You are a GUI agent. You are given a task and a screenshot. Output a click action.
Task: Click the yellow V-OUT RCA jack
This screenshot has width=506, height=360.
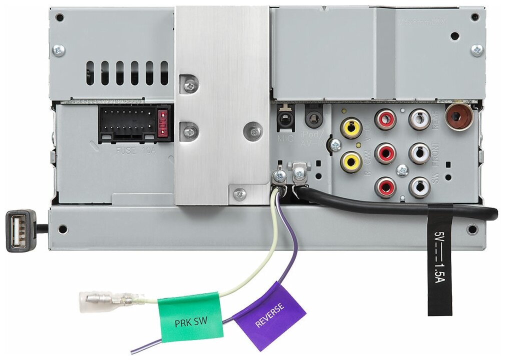351,127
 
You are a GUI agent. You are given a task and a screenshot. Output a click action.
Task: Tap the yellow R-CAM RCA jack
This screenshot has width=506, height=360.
351,161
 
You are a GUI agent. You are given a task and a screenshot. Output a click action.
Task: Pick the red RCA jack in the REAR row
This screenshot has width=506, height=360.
385,119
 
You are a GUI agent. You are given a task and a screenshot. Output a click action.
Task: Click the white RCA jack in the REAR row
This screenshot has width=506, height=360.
419,119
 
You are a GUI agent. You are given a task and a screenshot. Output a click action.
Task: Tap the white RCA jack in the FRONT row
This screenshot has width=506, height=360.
419,153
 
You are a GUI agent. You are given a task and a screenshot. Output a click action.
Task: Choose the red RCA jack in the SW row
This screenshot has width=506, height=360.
385,187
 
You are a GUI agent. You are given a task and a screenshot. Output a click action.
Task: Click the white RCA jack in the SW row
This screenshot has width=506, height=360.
419,187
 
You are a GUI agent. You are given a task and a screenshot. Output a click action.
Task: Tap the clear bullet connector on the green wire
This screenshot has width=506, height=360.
105,300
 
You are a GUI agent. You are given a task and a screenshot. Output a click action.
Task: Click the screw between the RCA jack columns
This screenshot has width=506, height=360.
402,171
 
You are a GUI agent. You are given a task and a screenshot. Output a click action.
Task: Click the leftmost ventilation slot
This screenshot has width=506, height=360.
90,73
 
